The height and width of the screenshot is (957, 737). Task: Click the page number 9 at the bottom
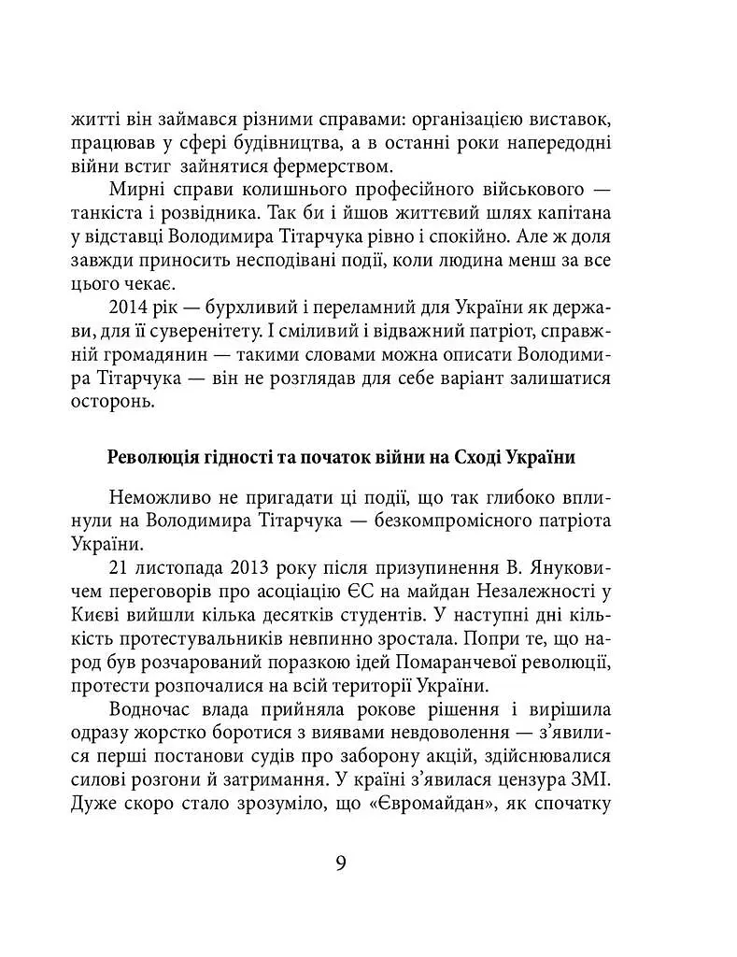tap(341, 862)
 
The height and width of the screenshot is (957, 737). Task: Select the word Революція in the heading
tap(152, 457)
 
